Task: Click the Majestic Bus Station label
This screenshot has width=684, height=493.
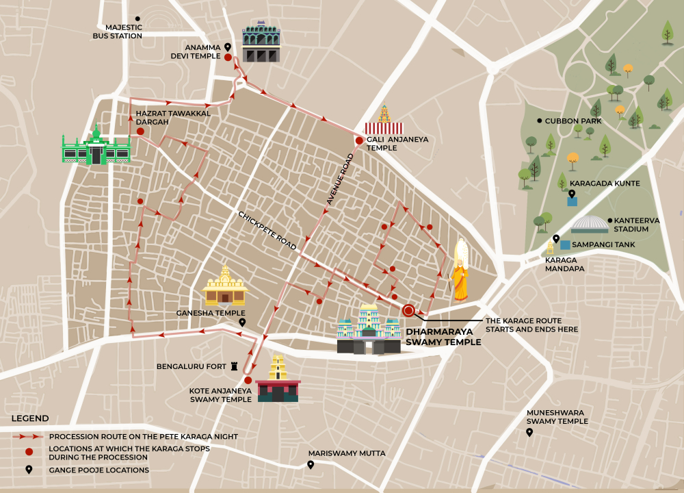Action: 118,31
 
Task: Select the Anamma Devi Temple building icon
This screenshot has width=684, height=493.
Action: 261,43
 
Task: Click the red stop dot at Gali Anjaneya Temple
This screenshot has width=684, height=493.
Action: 359,140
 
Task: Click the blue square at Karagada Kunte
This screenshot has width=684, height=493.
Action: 572,201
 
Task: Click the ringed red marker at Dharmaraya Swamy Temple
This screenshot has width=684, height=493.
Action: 408,311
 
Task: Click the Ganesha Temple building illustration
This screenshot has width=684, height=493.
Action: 225,286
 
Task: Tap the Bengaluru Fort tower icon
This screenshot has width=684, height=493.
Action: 234,367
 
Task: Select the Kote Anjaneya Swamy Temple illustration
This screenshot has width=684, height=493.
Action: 278,381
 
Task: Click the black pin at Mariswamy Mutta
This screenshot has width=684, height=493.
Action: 311,465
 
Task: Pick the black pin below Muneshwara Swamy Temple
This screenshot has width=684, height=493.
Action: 529,433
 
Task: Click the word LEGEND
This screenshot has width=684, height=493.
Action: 29,418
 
